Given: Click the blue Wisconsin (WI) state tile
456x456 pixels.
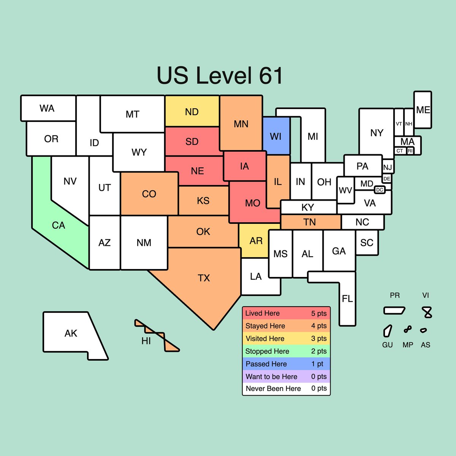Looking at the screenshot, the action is (x=276, y=136).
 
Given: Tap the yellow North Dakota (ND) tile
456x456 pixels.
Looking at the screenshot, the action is (x=192, y=111).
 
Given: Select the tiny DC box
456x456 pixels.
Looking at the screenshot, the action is (x=380, y=190).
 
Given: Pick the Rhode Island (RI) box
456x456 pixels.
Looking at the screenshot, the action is (x=410, y=151).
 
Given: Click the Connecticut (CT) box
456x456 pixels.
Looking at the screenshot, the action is (x=400, y=151).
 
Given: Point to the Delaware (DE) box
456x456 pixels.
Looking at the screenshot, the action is (x=387, y=179).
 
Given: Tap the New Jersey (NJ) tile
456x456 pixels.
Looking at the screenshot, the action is (x=388, y=167).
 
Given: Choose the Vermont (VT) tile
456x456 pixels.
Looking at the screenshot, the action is (x=399, y=123).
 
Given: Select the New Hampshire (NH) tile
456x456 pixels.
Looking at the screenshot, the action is (x=408, y=123).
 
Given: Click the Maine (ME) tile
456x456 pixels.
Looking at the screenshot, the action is (x=423, y=110).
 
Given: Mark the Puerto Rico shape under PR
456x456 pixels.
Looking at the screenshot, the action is (x=394, y=310).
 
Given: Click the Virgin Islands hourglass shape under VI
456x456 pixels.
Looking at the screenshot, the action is (x=428, y=312).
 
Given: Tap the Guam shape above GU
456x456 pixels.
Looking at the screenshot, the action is (x=387, y=331).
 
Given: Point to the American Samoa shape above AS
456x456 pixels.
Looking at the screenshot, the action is (x=423, y=330).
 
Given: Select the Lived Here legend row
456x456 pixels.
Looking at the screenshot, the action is (x=286, y=313).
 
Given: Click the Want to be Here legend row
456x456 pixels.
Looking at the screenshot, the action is (x=286, y=377).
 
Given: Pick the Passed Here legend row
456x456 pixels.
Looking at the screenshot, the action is (x=286, y=364).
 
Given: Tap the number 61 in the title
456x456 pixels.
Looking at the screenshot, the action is (x=271, y=76).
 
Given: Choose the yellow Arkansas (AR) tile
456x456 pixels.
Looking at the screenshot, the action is (x=256, y=241).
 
